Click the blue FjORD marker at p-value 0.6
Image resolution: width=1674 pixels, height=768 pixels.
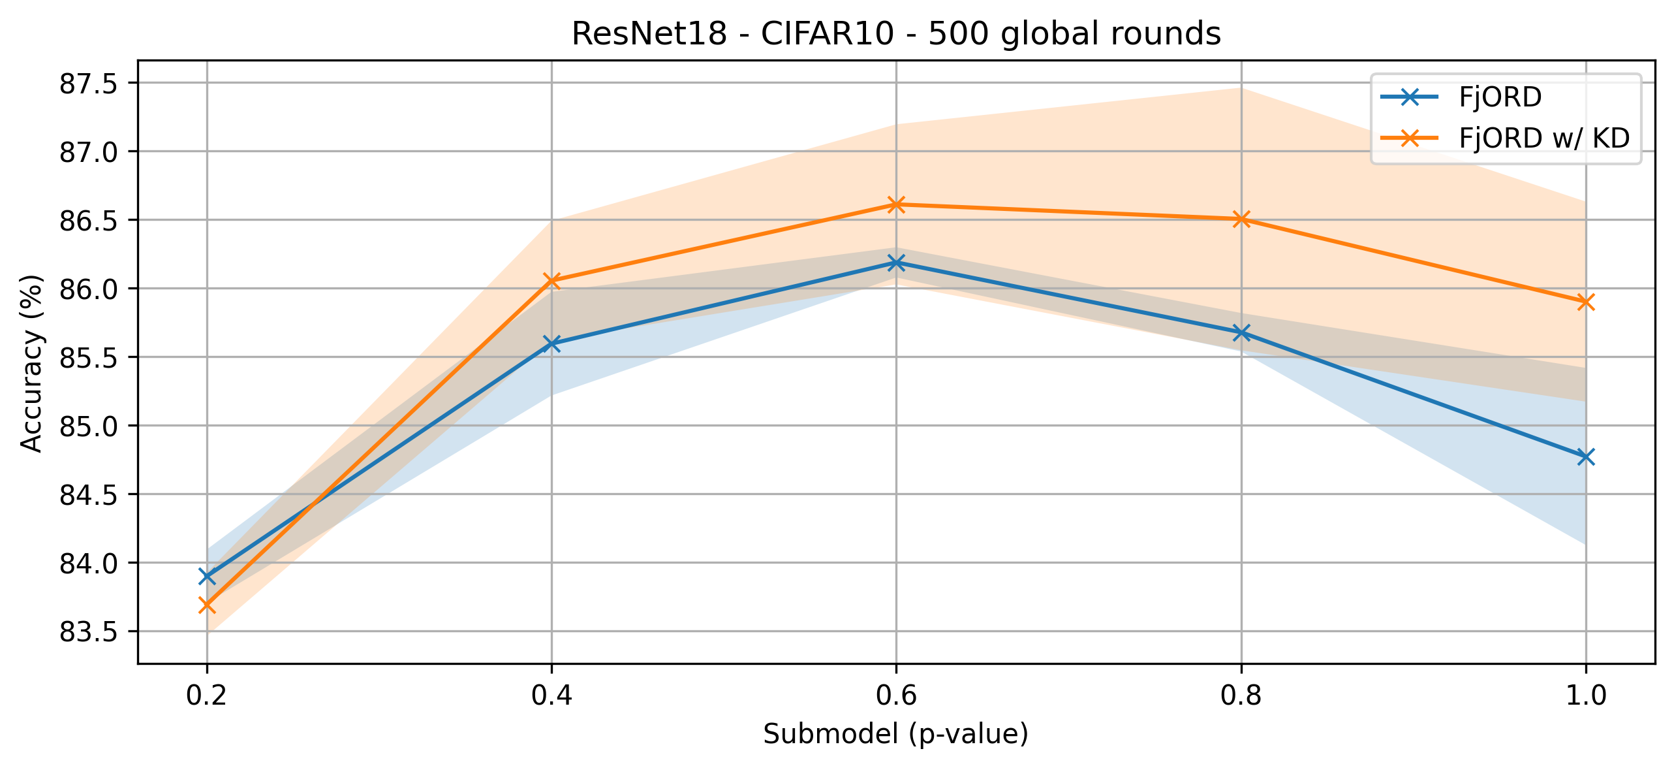click(x=896, y=263)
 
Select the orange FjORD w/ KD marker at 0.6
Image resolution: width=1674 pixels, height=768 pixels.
click(x=896, y=204)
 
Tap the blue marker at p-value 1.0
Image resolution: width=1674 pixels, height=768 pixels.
click(x=1586, y=456)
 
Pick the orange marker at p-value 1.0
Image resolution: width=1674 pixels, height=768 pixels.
click(x=1586, y=302)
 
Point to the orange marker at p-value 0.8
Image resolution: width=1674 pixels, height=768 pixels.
click(x=1241, y=219)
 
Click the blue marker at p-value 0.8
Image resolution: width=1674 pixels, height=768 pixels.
click(x=1241, y=332)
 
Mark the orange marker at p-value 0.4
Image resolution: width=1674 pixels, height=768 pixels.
click(x=551, y=281)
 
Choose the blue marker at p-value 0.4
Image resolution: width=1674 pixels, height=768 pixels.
click(x=551, y=344)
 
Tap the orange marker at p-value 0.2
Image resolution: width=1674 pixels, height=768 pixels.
click(x=207, y=605)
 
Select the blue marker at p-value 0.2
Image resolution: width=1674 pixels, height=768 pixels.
click(x=207, y=576)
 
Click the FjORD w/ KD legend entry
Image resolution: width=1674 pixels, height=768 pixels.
click(x=1544, y=138)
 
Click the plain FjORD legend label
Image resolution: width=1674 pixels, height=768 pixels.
click(x=1500, y=97)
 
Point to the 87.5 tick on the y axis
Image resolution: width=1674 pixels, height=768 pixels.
click(x=88, y=84)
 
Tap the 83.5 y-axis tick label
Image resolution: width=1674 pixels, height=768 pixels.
click(x=88, y=632)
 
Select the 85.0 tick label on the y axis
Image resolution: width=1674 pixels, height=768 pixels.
click(x=88, y=426)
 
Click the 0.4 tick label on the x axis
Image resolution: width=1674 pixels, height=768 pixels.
click(x=551, y=696)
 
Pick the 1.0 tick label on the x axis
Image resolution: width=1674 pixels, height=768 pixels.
click(x=1586, y=696)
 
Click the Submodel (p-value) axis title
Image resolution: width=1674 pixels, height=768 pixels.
click(x=896, y=735)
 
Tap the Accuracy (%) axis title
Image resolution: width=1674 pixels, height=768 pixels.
click(x=31, y=363)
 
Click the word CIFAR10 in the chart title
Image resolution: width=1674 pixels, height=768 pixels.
click(x=827, y=34)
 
